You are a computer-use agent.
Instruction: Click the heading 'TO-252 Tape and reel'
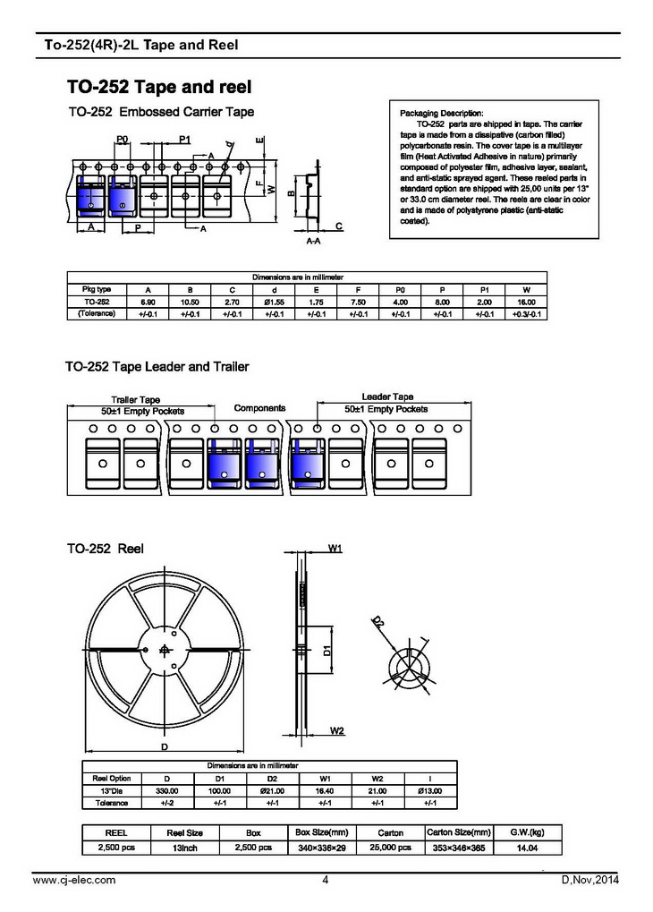(x=158, y=87)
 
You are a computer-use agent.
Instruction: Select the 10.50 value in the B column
(x=190, y=303)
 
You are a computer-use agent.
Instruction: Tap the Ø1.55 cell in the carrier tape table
(x=274, y=303)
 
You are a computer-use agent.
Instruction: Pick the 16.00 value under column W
(x=526, y=303)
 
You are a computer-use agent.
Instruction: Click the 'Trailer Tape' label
(x=135, y=400)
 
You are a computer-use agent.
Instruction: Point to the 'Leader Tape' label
(x=387, y=396)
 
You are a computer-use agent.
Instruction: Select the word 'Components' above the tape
(x=259, y=408)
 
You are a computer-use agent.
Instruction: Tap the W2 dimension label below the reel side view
(x=336, y=731)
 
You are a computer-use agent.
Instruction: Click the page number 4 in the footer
(x=326, y=881)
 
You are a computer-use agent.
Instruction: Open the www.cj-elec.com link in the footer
(x=73, y=881)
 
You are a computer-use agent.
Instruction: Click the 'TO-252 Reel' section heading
(x=105, y=548)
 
